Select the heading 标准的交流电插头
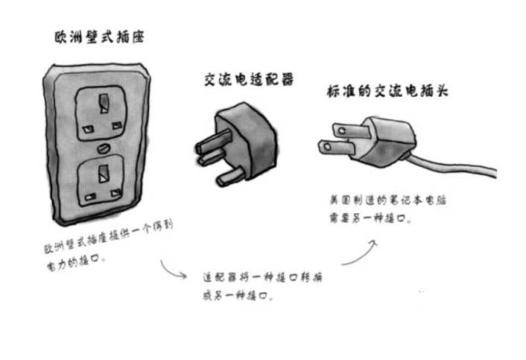click(387, 92)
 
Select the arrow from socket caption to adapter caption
click(173, 270)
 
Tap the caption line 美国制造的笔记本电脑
click(392, 202)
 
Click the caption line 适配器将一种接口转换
click(262, 277)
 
